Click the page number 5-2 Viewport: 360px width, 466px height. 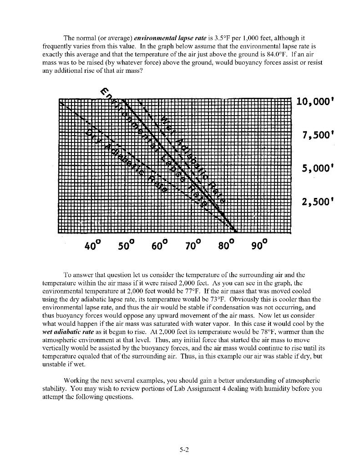183,450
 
